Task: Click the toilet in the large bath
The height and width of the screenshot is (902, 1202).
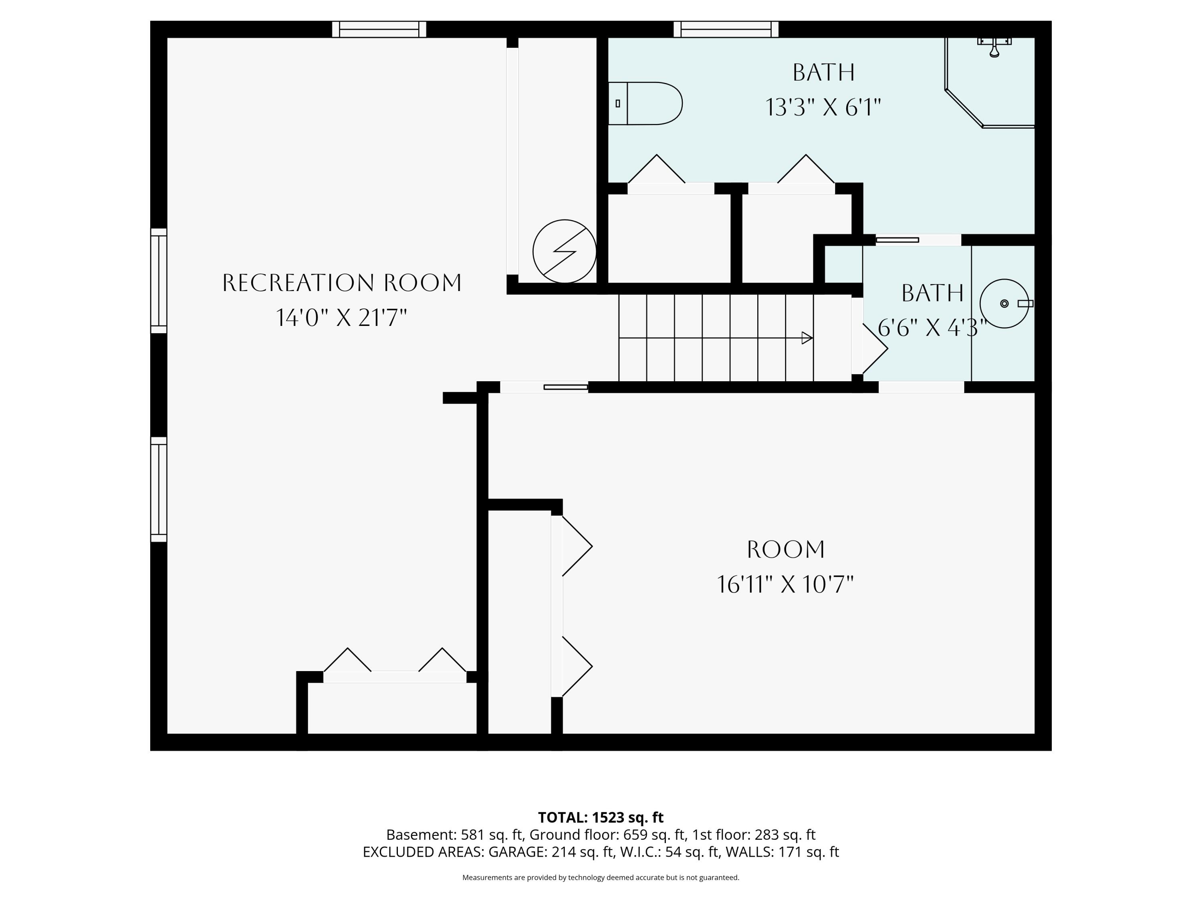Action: tap(645, 103)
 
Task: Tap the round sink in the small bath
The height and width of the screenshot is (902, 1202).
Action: tap(1004, 303)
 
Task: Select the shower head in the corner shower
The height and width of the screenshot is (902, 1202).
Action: tap(994, 46)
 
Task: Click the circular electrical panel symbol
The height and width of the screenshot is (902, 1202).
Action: tap(565, 251)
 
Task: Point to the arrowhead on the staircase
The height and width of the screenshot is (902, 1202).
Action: tap(807, 338)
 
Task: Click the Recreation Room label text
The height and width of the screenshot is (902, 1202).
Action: tap(342, 283)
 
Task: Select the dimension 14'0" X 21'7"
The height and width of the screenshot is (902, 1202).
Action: tap(342, 318)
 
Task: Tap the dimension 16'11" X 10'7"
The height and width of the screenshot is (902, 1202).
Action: tap(785, 584)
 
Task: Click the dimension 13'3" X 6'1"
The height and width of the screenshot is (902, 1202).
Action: tap(823, 107)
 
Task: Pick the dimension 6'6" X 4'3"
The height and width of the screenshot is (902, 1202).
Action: tap(932, 328)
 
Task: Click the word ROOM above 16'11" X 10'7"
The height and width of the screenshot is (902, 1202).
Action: tap(786, 550)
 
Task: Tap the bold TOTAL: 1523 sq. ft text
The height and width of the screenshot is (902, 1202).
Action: tap(601, 817)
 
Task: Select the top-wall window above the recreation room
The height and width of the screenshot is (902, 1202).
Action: tap(379, 29)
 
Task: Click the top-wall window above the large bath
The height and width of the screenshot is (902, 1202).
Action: tap(726, 29)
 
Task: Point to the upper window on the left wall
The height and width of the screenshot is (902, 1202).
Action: tap(159, 281)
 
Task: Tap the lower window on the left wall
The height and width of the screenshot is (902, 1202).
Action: tap(159, 489)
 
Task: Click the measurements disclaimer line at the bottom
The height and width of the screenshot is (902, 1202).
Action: tap(601, 878)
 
